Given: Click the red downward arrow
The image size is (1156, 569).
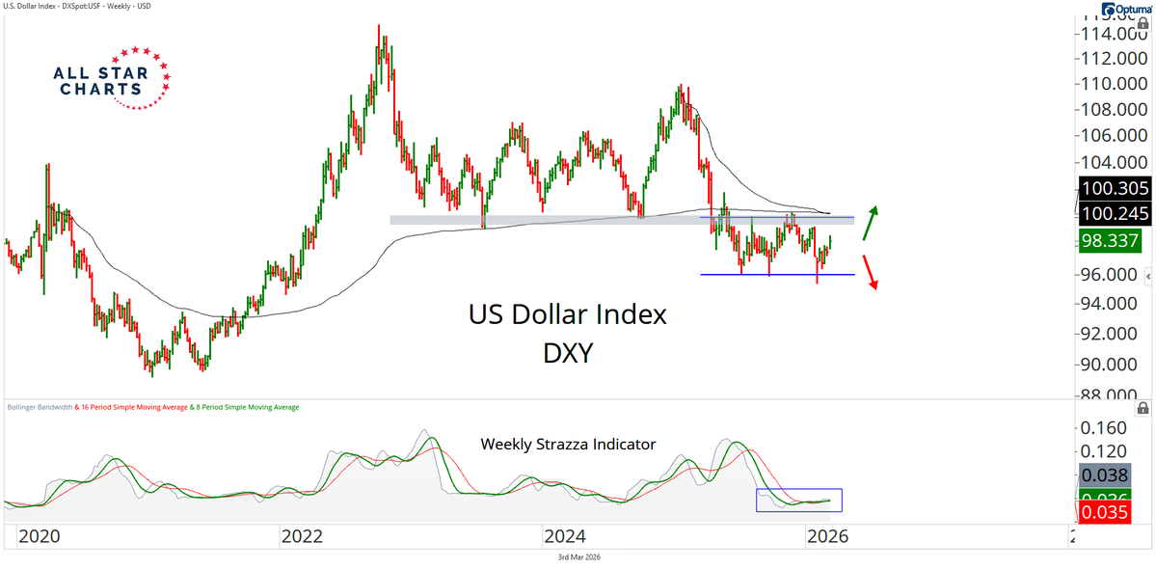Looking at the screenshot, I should [x=872, y=273].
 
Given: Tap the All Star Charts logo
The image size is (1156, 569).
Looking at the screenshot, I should [x=114, y=77].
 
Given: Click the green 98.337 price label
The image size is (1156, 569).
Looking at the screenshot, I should [x=1109, y=241].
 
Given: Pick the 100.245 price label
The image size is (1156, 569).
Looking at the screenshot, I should [x=1109, y=213].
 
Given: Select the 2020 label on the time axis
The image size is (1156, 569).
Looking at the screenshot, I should [x=41, y=536].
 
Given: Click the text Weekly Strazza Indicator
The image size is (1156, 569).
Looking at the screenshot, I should [x=568, y=445].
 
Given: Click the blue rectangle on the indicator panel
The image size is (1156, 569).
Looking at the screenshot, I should [x=798, y=500].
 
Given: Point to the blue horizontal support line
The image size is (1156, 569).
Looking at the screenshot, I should [x=777, y=275].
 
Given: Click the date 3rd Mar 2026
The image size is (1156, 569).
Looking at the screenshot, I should [x=578, y=557].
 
